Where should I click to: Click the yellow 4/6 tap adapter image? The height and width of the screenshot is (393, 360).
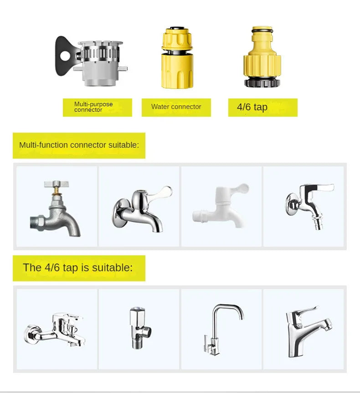262,57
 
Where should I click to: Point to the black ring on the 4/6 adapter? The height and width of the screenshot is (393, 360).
262,83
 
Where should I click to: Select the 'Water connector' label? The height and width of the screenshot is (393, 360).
176,107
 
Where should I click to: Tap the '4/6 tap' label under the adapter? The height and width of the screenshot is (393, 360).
252,108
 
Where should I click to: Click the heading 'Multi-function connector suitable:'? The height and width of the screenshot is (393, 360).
79,145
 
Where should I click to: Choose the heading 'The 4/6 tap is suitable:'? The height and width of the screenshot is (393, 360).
78,268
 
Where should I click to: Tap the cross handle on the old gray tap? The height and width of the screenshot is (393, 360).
56,185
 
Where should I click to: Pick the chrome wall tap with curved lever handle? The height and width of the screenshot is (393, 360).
139,207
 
